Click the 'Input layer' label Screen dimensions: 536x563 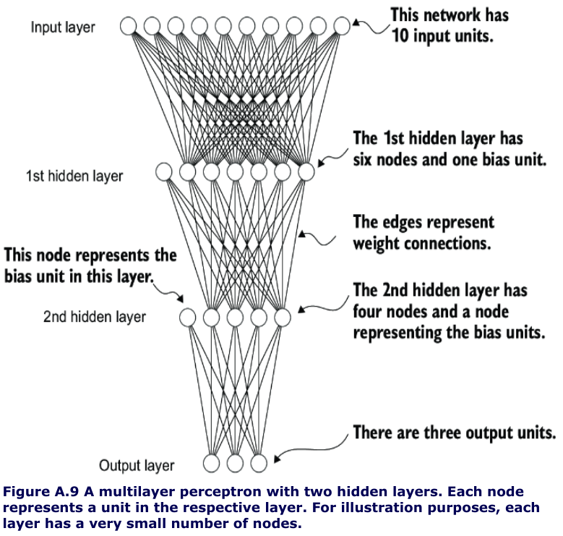[x=63, y=27]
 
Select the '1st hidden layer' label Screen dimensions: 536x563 [x=74, y=176]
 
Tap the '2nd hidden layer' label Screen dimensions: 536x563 [x=94, y=317]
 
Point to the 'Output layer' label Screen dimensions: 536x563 [x=137, y=465]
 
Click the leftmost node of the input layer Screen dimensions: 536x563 [x=128, y=27]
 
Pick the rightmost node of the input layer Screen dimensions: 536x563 [x=342, y=27]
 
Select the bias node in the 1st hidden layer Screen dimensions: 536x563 [x=164, y=172]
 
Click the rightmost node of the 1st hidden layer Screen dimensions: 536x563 [x=306, y=172]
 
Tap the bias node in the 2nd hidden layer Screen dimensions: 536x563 [x=187, y=317]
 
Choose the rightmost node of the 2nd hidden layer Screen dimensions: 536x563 [x=283, y=317]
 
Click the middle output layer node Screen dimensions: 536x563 [x=235, y=463]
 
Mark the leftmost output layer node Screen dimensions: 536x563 [x=211, y=463]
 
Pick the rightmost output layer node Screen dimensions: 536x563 [x=259, y=463]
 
